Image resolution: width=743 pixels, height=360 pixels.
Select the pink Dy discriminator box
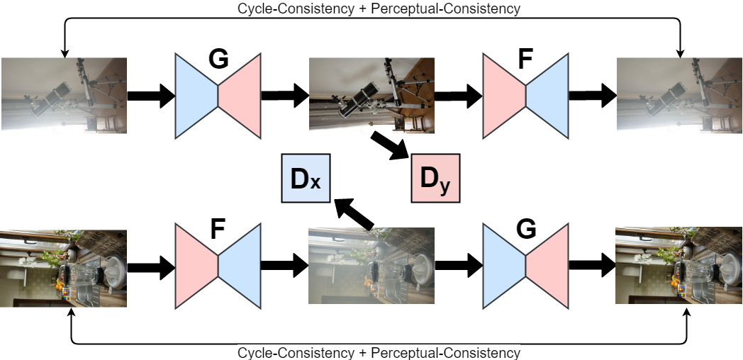pyautogui.click(x=435, y=179)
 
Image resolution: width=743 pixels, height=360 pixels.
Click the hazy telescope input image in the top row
pyautogui.click(x=64, y=95)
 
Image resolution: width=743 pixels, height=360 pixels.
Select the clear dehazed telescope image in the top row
pyautogui.click(x=371, y=95)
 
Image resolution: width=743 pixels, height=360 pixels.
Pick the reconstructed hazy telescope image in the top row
pyautogui.click(x=679, y=95)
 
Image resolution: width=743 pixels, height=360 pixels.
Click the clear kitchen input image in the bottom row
pyautogui.click(x=64, y=268)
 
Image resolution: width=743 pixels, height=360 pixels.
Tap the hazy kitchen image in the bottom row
pyautogui.click(x=371, y=267)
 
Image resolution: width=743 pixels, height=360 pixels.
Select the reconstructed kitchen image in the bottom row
pyautogui.click(x=679, y=267)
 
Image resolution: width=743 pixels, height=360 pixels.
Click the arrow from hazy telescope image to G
pyautogui.click(x=150, y=95)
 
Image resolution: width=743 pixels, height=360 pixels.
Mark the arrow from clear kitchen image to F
pyautogui.click(x=150, y=267)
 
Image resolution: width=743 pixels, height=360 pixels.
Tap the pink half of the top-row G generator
pyautogui.click(x=240, y=95)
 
